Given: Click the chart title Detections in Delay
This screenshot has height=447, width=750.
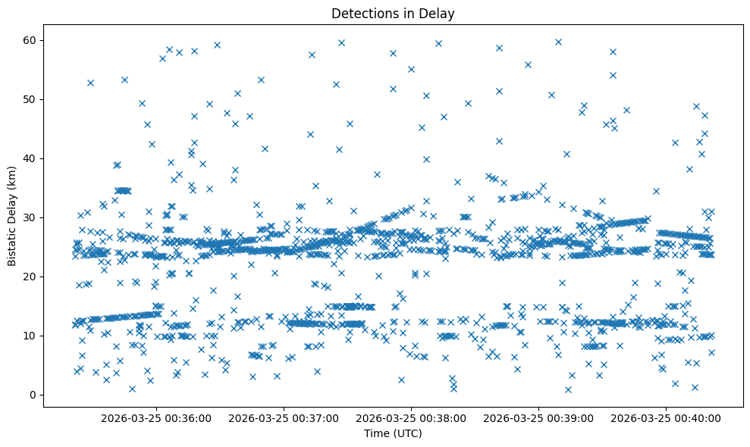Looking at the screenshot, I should tap(393, 13).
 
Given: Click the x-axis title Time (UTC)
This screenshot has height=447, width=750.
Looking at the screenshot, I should tap(393, 433).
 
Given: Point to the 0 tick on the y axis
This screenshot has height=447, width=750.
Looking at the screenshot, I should tap(33, 395).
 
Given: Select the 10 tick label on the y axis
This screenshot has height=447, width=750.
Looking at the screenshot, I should tap(31, 336).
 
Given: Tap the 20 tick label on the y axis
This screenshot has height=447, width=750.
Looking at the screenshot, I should tap(31, 277).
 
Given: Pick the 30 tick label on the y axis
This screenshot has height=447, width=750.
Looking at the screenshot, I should tap(31, 217).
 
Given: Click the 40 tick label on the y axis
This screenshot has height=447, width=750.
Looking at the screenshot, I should tap(31, 158).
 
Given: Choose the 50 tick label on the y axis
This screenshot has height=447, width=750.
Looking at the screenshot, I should tap(31, 99).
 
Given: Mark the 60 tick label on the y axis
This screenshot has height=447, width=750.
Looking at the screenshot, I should tap(31, 40).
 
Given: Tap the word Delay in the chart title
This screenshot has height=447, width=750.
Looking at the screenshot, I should tap(438, 13).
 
